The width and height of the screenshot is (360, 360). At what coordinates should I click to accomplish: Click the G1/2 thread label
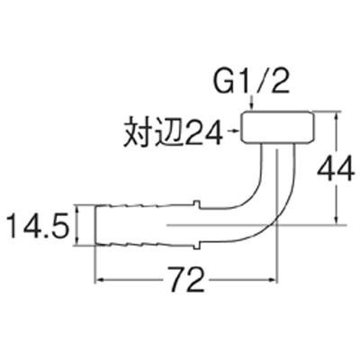(252, 82)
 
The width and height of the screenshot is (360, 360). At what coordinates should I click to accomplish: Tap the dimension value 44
(337, 170)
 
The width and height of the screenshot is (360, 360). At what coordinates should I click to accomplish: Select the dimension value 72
(186, 280)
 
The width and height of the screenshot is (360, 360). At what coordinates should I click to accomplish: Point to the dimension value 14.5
(38, 226)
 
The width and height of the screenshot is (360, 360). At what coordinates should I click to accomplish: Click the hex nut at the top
(278, 126)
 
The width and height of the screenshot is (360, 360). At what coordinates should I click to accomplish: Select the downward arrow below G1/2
(252, 104)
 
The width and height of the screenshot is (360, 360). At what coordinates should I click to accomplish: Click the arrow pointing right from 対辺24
(234, 130)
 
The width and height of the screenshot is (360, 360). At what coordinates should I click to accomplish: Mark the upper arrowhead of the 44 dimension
(337, 116)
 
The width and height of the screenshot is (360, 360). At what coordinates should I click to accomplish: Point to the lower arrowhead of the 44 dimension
(337, 219)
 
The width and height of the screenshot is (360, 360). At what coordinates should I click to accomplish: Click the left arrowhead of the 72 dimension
(100, 280)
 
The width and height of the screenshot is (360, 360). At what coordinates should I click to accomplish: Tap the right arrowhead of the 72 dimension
(271, 280)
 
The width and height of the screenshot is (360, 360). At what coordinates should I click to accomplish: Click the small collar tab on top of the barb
(196, 202)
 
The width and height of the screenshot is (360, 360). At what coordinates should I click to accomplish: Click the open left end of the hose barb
(95, 225)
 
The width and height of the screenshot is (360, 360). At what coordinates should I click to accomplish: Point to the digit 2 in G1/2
(280, 82)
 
